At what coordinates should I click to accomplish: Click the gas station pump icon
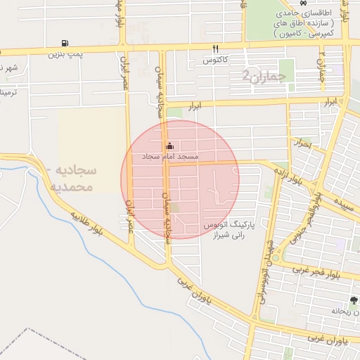click(65, 44)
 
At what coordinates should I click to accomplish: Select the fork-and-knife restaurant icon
click(216, 49)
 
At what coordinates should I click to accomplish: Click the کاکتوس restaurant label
click(218, 60)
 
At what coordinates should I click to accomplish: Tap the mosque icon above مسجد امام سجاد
click(169, 146)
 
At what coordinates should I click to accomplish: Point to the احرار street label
click(302, 143)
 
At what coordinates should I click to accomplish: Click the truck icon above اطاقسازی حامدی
click(302, 3)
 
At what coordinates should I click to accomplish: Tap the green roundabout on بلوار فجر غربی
click(276, 258)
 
